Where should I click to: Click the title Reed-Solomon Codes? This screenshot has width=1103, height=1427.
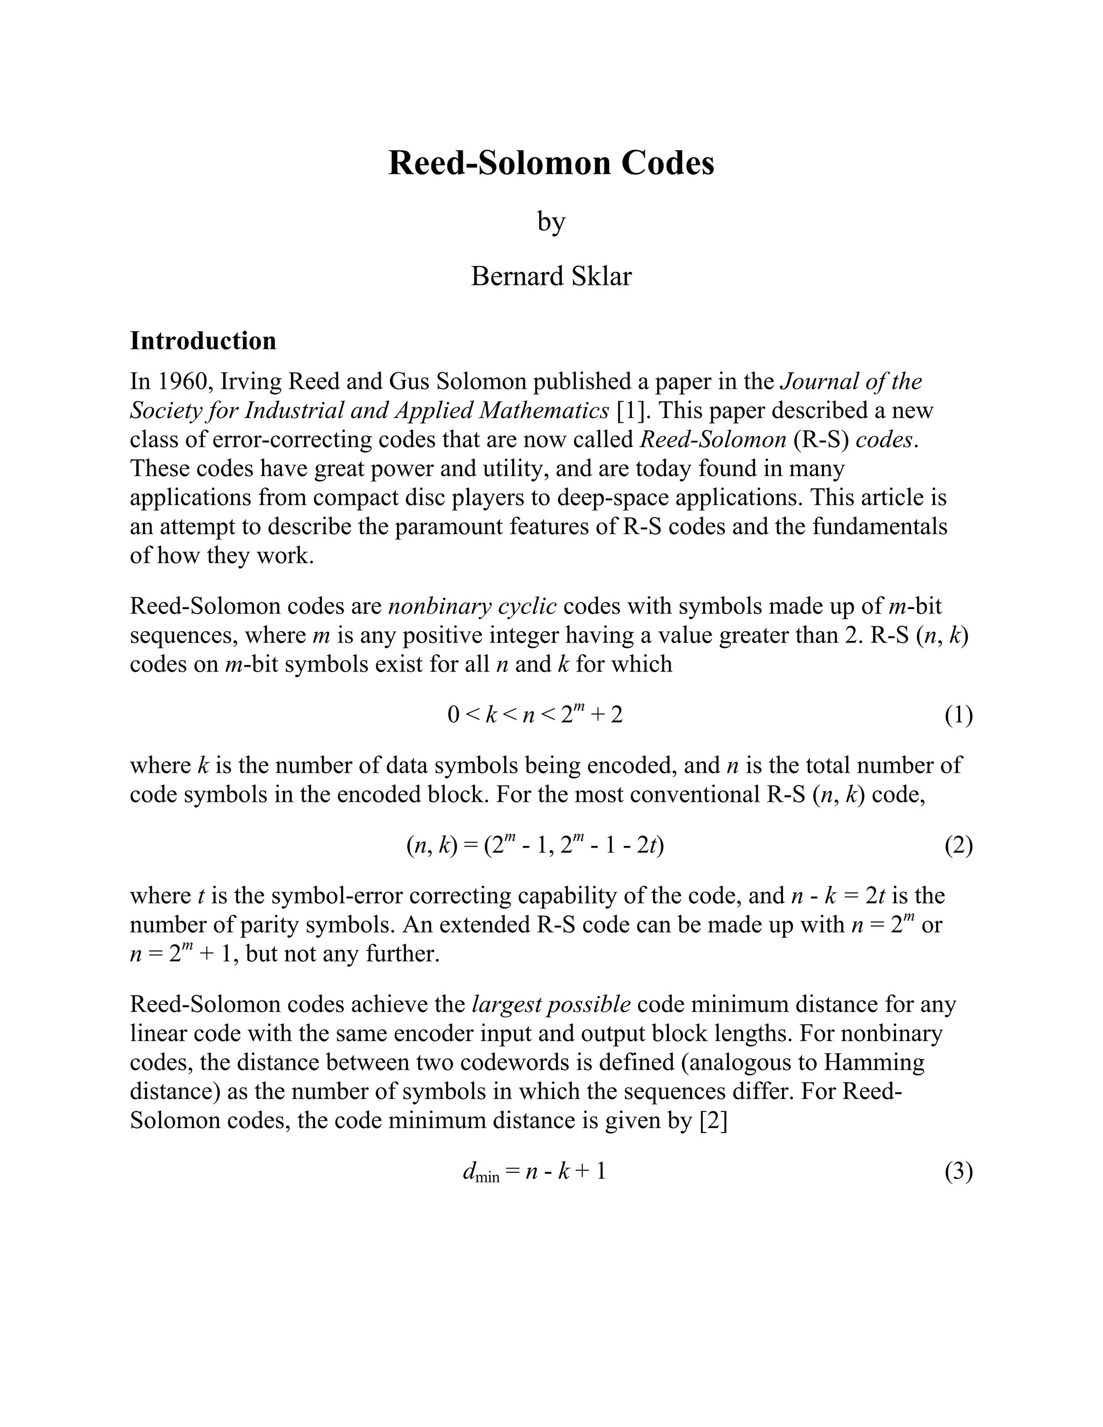[551, 163]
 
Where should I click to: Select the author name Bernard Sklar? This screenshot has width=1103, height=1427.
[551, 276]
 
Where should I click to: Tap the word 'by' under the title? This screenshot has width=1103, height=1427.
[551, 222]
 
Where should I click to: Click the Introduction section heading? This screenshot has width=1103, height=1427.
[203, 341]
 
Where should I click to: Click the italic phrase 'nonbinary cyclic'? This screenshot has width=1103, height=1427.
[472, 606]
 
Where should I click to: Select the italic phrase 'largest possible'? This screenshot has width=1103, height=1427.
[551, 1004]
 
